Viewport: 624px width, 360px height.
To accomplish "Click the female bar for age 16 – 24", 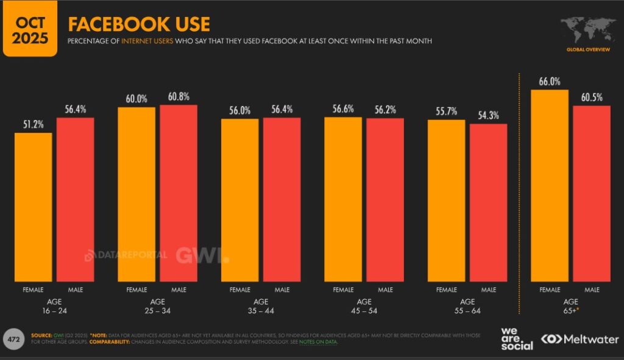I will click(33, 207).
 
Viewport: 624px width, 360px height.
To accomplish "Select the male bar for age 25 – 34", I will click(179, 193).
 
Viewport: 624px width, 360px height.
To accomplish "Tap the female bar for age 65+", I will click(550, 186).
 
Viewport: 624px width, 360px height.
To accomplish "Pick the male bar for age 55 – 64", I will click(488, 203).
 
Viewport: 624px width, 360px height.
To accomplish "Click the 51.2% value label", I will click(33, 124).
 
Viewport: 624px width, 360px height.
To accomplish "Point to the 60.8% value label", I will click(179, 97).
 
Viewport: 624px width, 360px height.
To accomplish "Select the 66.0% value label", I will click(550, 82).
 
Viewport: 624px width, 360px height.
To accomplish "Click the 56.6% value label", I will click(343, 109).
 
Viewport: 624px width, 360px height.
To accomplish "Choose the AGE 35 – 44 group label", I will click(261, 306).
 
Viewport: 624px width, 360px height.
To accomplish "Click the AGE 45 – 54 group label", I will click(364, 306).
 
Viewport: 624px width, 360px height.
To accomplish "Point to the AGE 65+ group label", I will click(571, 306).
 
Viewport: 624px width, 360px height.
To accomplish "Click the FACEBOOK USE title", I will click(139, 24).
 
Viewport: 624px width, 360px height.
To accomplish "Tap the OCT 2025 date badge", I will click(30, 28).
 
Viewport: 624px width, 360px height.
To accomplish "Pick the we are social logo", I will click(516, 339).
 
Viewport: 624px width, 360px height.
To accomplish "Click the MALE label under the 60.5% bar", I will click(592, 290).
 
